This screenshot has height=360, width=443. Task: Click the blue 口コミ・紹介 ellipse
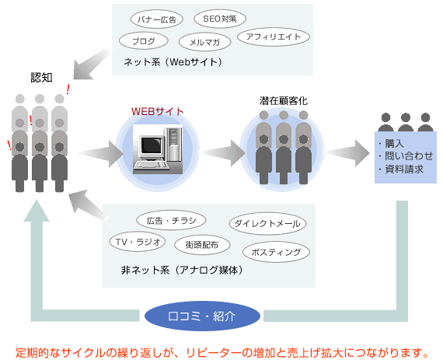(202, 316)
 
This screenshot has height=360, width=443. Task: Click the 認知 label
(41, 78)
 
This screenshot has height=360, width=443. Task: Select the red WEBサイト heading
(157, 112)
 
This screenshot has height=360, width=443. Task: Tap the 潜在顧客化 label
(284, 101)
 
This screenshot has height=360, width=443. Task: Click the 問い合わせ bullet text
(409, 156)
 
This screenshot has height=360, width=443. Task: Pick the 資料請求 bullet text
(404, 169)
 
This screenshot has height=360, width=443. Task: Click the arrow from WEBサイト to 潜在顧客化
(222, 153)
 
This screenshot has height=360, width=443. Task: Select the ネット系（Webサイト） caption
(173, 62)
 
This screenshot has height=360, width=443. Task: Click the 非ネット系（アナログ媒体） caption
(182, 270)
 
